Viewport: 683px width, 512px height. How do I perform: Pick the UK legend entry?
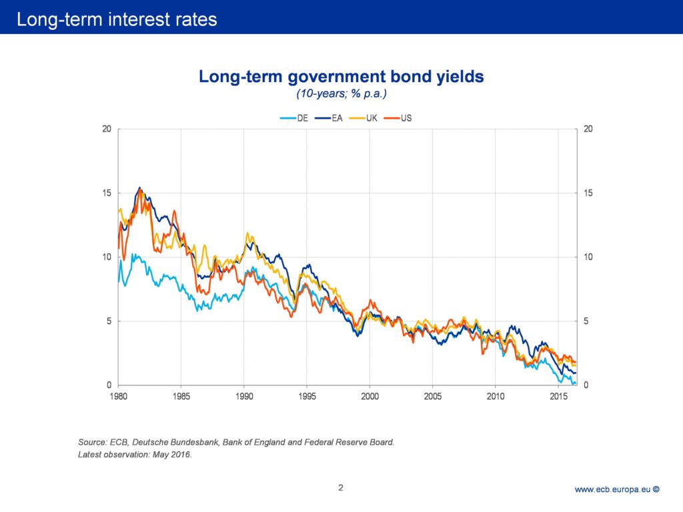pyautogui.click(x=364, y=118)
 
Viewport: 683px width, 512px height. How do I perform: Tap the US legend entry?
pyautogui.click(x=399, y=118)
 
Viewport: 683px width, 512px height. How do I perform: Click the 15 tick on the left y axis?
pyautogui.click(x=105, y=193)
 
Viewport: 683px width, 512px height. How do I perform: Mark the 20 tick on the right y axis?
pyautogui.click(x=588, y=129)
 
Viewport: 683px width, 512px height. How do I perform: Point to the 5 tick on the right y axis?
pyautogui.click(x=586, y=321)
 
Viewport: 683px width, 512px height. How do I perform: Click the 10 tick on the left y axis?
pyautogui.click(x=105, y=257)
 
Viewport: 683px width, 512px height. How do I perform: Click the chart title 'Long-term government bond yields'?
pyautogui.click(x=341, y=77)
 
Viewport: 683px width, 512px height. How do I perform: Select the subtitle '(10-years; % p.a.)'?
pyautogui.click(x=341, y=94)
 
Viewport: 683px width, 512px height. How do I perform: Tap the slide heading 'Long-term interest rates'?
pyautogui.click(x=117, y=19)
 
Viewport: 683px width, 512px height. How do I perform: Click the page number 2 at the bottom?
pyautogui.click(x=341, y=487)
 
